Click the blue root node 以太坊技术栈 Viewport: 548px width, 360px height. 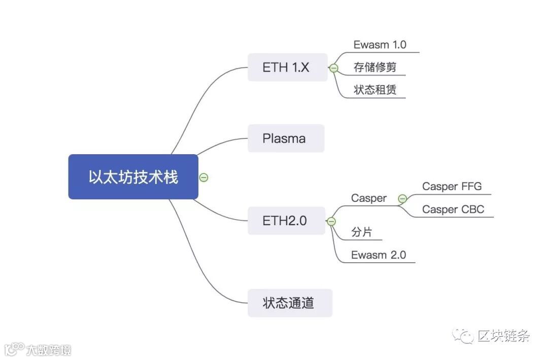point(133,177)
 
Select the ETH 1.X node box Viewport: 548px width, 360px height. point(287,67)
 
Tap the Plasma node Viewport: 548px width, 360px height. point(286,138)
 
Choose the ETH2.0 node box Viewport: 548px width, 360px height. point(286,221)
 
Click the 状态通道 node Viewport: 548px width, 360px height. point(290,303)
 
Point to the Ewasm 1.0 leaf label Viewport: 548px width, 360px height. point(380,45)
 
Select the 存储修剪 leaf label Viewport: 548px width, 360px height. point(375,67)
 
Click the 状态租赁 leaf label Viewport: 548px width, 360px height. point(375,90)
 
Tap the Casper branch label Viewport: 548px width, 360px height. point(369,198)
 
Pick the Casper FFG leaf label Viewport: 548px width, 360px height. point(452,187)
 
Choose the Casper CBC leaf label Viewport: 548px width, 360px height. point(453,209)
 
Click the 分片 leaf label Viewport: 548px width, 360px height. point(361,232)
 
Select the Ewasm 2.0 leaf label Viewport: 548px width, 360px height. point(379,255)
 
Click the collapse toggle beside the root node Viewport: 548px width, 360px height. point(203,177)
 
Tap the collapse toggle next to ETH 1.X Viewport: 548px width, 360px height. point(334,68)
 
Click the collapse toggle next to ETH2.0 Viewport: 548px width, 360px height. point(331,221)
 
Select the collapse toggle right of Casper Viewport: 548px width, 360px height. point(402,199)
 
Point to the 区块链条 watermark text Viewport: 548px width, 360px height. point(504,336)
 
